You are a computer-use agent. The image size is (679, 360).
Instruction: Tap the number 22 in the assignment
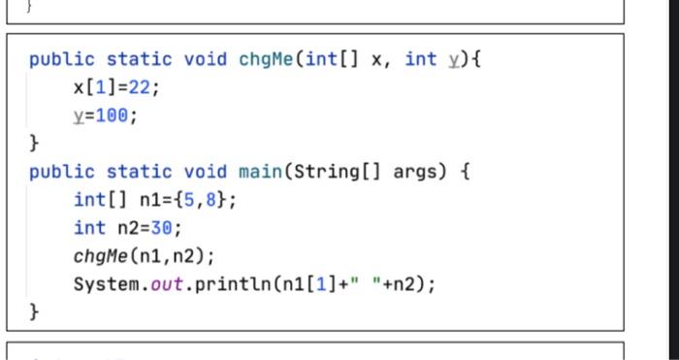click(x=141, y=88)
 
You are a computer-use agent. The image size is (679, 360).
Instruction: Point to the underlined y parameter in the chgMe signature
click(x=452, y=60)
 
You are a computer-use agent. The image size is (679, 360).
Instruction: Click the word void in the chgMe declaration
click(x=205, y=59)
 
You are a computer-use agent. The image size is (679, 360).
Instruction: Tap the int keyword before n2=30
click(x=90, y=229)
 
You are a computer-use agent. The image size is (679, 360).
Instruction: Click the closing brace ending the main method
click(x=35, y=312)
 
